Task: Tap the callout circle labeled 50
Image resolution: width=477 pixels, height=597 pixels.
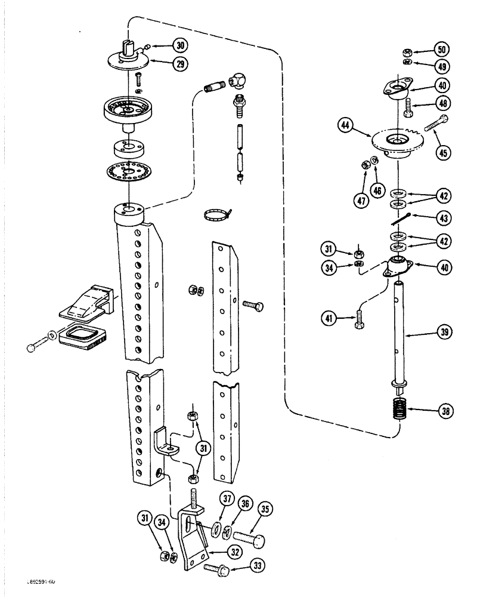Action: pos(442,48)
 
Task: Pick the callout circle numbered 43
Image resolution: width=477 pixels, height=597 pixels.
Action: pos(442,220)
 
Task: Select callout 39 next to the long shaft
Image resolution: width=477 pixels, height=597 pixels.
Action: pos(442,336)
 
